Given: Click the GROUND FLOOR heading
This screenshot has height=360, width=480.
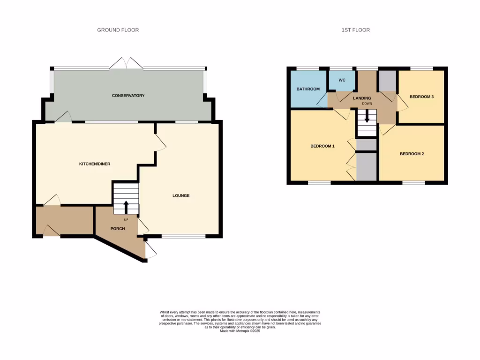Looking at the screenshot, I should tap(118, 30).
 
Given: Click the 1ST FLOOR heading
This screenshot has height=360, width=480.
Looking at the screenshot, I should tap(355, 30).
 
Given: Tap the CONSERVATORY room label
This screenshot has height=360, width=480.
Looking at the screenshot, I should tap(128, 96).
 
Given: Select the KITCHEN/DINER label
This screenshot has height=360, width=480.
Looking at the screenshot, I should tap(94, 164).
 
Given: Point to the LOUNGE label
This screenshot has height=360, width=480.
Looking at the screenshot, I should tap(180, 195).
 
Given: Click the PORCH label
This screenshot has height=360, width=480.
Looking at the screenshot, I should tap(118, 229).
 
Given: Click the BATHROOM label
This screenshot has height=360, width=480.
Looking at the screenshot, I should tap(308, 89).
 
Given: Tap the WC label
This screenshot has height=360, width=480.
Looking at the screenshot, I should tap(342, 80).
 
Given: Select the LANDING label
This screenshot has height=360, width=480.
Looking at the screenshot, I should tap(362, 98).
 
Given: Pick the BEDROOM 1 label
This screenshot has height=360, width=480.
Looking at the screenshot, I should tap(322, 146).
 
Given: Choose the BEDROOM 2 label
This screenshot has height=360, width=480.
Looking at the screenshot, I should tap(412, 153).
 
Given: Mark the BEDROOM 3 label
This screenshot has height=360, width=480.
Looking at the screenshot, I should tap(421, 97).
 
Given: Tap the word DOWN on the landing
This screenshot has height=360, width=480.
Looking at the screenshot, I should tap(367, 104).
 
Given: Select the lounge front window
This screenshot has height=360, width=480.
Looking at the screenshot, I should tap(183, 236).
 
